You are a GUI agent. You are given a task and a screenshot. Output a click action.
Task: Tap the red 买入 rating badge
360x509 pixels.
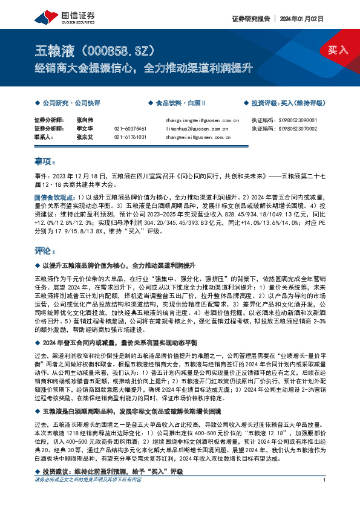pyautogui.click(x=338, y=50)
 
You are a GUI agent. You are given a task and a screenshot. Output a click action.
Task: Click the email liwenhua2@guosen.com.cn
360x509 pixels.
pyautogui.click(x=196, y=129)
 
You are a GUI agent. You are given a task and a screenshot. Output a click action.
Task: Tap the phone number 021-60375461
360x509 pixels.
pyautogui.click(x=131, y=129)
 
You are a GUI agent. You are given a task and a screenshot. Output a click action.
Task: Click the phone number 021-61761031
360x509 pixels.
pyautogui.click(x=131, y=137)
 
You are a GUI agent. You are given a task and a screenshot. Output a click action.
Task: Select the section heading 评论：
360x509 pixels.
pyautogui.click(x=45, y=250)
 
